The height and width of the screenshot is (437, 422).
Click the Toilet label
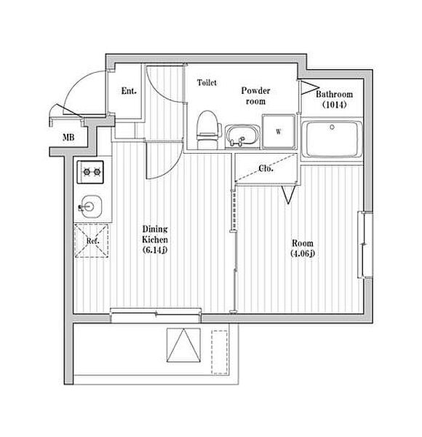click(207, 82)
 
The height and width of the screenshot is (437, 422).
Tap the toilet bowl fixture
click(207, 130)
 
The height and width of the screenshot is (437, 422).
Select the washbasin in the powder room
click(242, 136)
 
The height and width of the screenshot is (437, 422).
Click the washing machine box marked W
click(279, 132)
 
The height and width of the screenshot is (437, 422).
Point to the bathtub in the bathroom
click(332, 139)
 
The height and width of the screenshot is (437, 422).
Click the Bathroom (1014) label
click(334, 99)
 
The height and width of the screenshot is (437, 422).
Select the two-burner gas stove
click(90, 172)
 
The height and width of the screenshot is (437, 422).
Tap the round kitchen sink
click(90, 207)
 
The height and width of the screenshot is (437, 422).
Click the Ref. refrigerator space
click(91, 241)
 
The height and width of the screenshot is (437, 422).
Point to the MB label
click(68, 137)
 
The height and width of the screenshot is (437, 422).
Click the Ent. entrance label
click(129, 91)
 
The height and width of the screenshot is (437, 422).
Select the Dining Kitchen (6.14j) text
click(155, 240)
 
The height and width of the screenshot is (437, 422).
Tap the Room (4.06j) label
click(303, 248)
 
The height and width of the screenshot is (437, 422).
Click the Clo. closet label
click(266, 168)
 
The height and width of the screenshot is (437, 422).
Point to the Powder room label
click(255, 95)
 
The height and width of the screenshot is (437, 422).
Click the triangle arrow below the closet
click(288, 194)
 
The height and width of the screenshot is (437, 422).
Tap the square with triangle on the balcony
click(184, 345)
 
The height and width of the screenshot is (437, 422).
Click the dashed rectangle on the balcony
click(220, 353)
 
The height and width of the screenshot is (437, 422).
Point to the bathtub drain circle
click(332, 127)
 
